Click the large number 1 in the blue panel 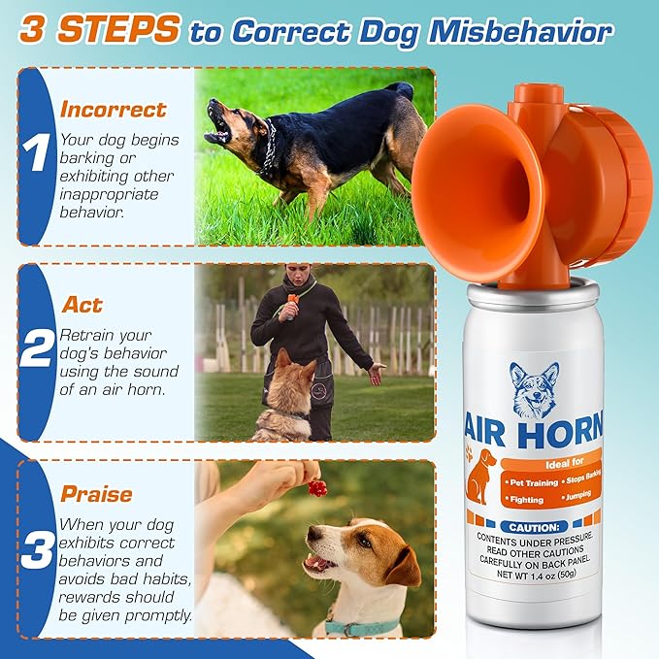click(36, 154)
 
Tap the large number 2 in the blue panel click(37, 350)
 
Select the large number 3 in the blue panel click(37, 549)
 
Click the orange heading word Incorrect click(114, 109)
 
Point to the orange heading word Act click(82, 305)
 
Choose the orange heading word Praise click(96, 494)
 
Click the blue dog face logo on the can click(535, 389)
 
